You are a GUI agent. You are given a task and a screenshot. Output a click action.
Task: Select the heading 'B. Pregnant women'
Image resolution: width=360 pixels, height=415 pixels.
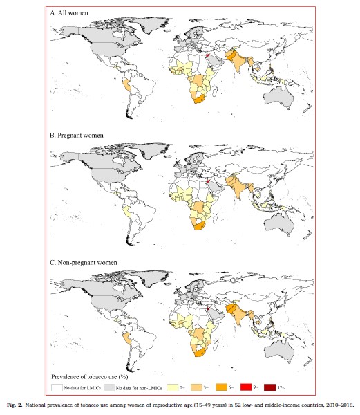click(x=77, y=135)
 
